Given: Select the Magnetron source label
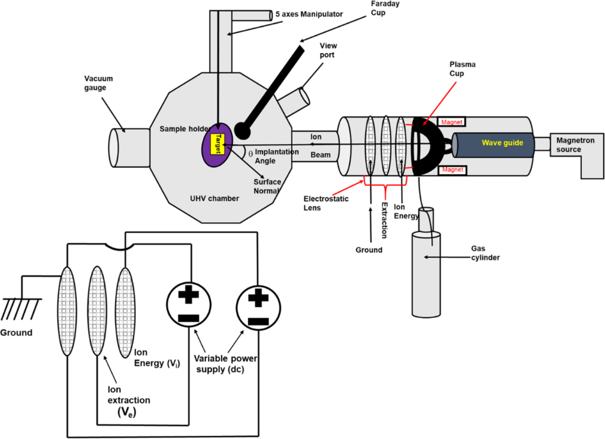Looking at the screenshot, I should point(572,145).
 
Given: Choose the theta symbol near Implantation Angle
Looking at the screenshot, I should point(251,153).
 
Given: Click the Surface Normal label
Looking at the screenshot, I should point(267,187).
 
